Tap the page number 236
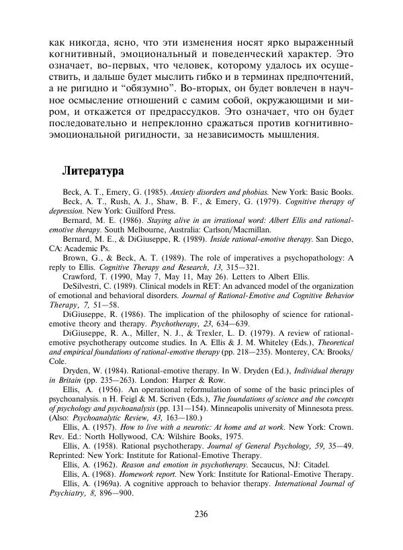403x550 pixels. [x=201, y=514]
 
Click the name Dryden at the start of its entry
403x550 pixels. [x=79, y=370]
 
